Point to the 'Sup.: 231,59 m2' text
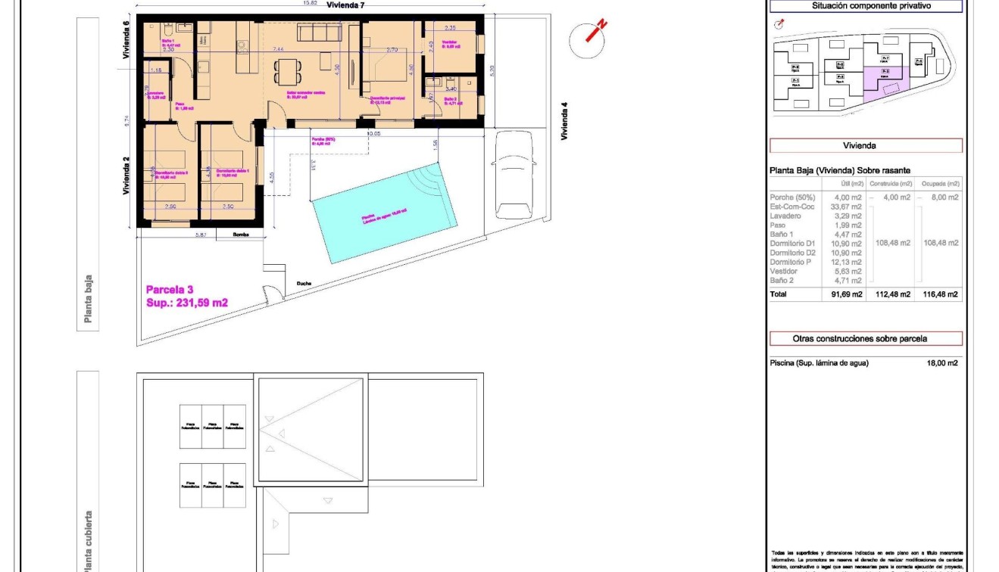[x=186, y=303]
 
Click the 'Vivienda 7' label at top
[x=346, y=5]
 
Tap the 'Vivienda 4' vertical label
[x=564, y=121]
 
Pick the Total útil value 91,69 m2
[x=846, y=295]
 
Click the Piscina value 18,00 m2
[x=942, y=363]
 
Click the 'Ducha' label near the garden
[x=304, y=284]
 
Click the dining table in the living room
[x=286, y=72]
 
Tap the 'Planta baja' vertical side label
[x=89, y=299]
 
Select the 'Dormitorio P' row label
[x=790, y=262]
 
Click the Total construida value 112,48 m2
[x=892, y=295]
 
